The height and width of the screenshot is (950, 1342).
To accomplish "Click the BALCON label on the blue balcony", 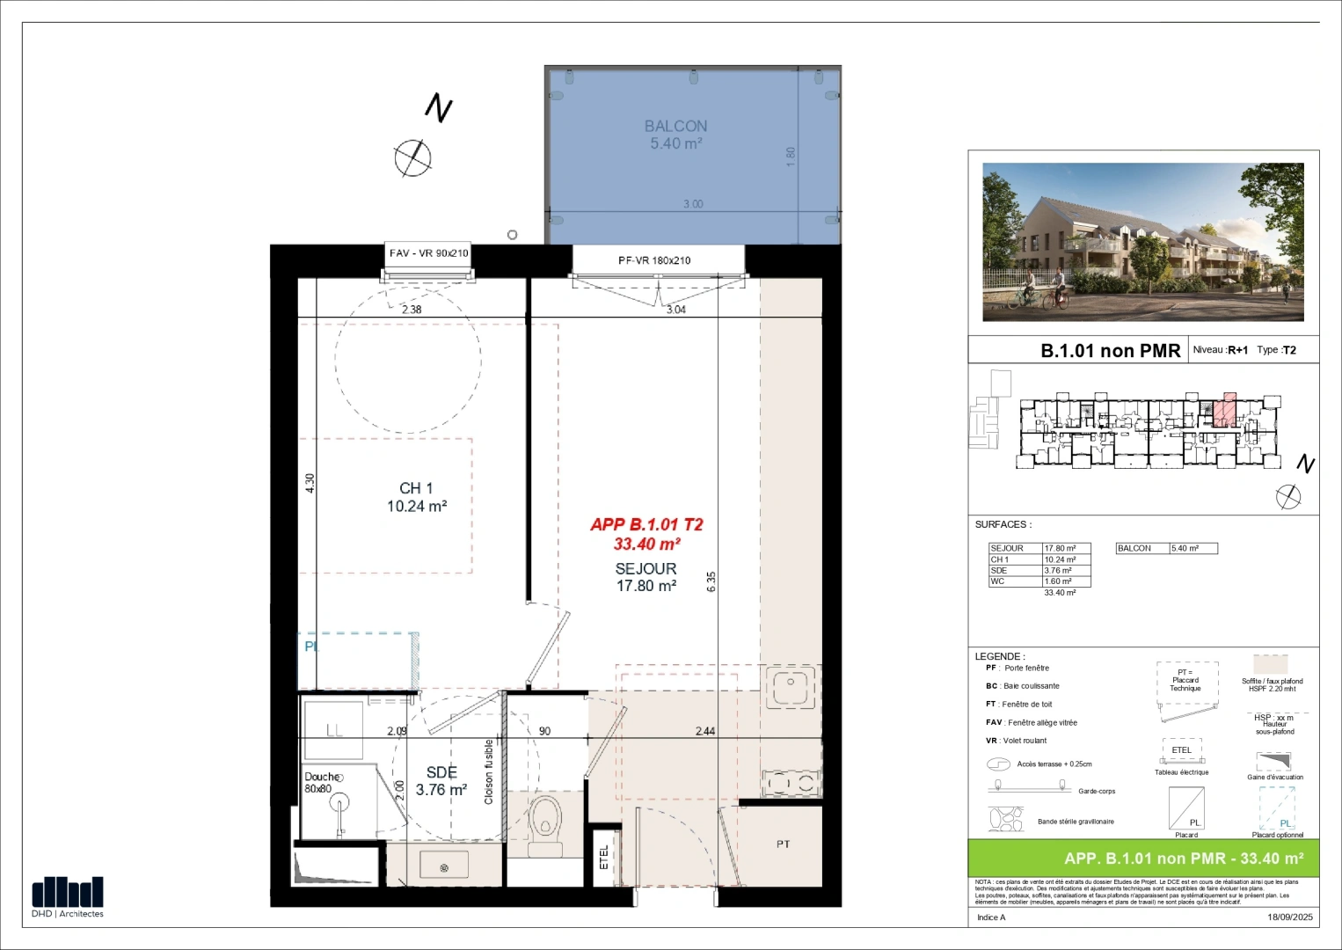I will tap(675, 127).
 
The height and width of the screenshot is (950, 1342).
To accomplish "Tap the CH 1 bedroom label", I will tap(416, 488).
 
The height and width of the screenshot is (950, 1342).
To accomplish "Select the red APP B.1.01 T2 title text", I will tap(646, 525).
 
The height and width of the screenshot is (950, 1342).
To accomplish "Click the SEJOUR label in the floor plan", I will tap(645, 569).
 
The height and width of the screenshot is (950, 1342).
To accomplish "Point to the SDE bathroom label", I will tap(441, 772).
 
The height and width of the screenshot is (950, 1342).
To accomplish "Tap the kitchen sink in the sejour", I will tap(791, 686).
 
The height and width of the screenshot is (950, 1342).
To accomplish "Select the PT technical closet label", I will tap(783, 844).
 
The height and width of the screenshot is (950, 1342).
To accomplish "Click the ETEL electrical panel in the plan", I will tap(603, 856).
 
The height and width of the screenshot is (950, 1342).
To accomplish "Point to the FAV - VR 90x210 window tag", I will tap(428, 253).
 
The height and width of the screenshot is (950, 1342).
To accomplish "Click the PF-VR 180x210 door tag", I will tap(654, 260).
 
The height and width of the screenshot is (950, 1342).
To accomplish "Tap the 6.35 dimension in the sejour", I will tap(711, 581).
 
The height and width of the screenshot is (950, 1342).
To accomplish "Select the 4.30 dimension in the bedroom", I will tap(310, 483).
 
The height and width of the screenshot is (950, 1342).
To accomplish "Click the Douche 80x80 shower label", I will tap(321, 783).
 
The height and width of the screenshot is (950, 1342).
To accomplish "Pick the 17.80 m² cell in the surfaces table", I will tap(1066, 548).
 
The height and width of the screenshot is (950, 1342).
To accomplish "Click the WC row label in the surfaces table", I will tap(997, 581).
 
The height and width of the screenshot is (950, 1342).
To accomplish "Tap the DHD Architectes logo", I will tap(68, 896).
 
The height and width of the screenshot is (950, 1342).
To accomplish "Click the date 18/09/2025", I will tap(1289, 917).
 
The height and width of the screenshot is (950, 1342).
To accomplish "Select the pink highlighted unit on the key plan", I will tap(1224, 410).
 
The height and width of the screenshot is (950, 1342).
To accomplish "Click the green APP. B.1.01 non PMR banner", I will tap(1143, 859).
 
